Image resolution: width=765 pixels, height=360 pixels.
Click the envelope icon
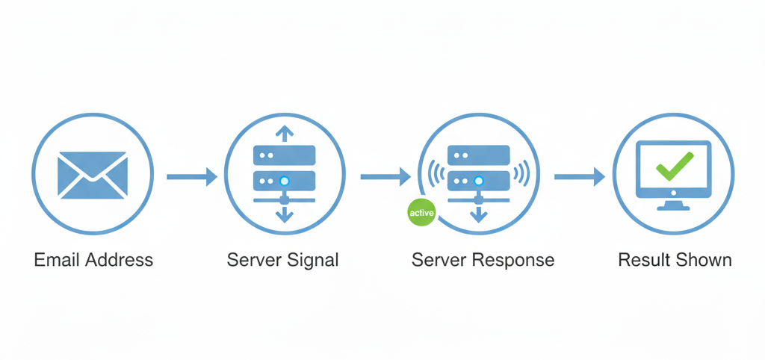coord(93,175)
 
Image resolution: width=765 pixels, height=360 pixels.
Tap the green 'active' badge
coord(421,213)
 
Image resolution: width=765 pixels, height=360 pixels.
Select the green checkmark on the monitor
coord(674,166)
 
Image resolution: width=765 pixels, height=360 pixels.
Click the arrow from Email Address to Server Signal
coord(191,177)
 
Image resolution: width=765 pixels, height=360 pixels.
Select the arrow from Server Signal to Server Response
coord(385,177)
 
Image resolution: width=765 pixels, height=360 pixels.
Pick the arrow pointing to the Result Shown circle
coord(579,177)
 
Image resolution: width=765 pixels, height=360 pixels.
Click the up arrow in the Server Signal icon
coord(285,134)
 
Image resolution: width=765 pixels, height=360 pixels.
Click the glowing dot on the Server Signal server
coord(284,181)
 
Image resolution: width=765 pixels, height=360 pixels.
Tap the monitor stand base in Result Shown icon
coord(674,206)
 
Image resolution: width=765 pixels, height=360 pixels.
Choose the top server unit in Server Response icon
coord(479,155)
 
